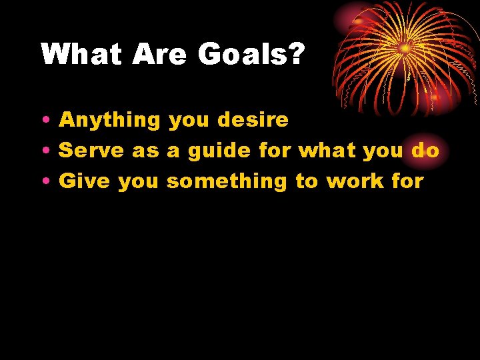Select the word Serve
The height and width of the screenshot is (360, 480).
[92, 151]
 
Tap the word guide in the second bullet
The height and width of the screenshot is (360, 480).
[219, 151]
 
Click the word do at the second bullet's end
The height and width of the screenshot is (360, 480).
[425, 151]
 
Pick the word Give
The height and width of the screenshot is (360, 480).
[85, 181]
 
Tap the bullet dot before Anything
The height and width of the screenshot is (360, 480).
[44, 121]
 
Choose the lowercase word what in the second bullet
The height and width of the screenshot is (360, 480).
[327, 151]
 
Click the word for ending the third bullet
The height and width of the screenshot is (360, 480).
[407, 181]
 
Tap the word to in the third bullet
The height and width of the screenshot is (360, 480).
[307, 181]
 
